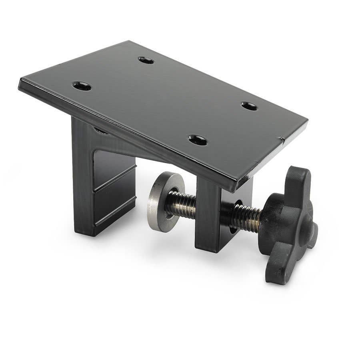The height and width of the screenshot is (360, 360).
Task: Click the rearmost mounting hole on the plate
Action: point(146,60)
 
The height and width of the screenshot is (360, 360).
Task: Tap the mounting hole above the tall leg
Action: point(82,86)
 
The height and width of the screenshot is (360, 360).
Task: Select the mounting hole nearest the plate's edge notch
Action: point(248,106)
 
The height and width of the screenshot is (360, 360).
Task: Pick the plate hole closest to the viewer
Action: point(198,140)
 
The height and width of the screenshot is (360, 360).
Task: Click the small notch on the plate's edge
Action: point(282,140)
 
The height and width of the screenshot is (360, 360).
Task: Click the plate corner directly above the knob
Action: point(306,120)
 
